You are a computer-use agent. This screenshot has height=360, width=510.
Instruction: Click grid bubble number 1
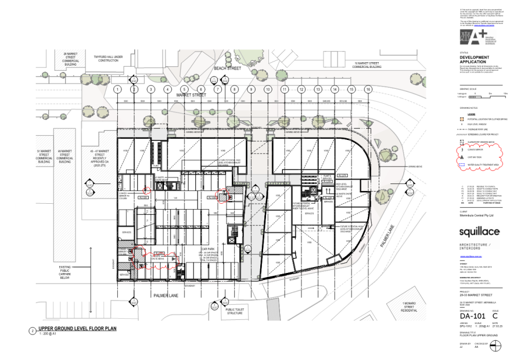pyautogui.click(x=117, y=89)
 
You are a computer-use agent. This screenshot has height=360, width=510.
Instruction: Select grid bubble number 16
pyautogui.click(x=368, y=89)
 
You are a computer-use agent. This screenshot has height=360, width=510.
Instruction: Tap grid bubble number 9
pyautogui.click(x=252, y=89)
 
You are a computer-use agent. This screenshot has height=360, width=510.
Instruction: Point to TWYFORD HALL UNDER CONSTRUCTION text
pyautogui.click(x=109, y=58)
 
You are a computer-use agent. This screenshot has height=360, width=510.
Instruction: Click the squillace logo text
pyautogui.click(x=478, y=232)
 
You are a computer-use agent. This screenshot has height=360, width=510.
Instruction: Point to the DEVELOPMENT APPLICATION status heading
pyautogui.click(x=474, y=59)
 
